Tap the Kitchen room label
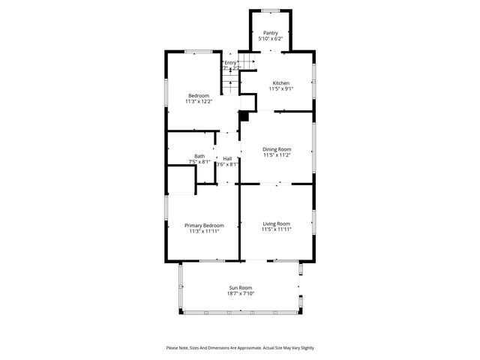pos(280,82)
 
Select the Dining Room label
pos(277,149)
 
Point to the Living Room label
pos(276,223)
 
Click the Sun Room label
pos(241,288)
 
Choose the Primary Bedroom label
pos(204,225)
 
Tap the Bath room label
pos(199,156)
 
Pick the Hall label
pos(227,158)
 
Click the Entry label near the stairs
pos(230,62)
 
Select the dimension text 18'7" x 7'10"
pos(241,294)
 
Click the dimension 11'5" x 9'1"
pos(280,88)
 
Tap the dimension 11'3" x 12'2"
pos(199,102)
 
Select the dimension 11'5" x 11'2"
pos(277,155)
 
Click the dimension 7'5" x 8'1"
pos(199,162)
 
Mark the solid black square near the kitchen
pos(243,116)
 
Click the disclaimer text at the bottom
pos(240,348)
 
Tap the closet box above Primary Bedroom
pos(181,181)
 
